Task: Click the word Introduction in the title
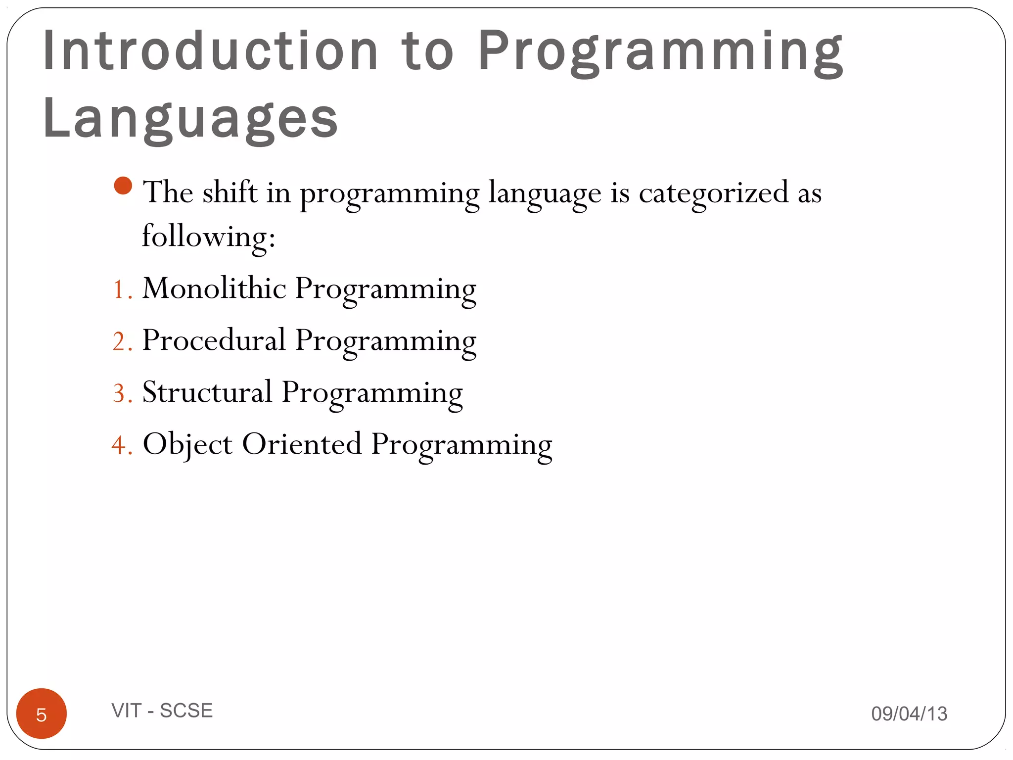click(x=210, y=50)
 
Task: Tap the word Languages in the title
click(x=190, y=119)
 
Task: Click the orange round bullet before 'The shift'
click(x=123, y=186)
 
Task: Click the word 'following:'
click(x=208, y=237)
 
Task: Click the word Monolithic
click(x=214, y=288)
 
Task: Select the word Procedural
click(x=214, y=340)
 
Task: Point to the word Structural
click(x=207, y=392)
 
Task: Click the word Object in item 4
click(x=187, y=444)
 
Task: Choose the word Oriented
click(x=302, y=444)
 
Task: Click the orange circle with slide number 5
click(x=42, y=713)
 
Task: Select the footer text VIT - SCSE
click(x=162, y=711)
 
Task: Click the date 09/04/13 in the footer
click(x=909, y=713)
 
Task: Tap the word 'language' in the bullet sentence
click(x=545, y=193)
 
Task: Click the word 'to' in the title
click(x=427, y=51)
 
